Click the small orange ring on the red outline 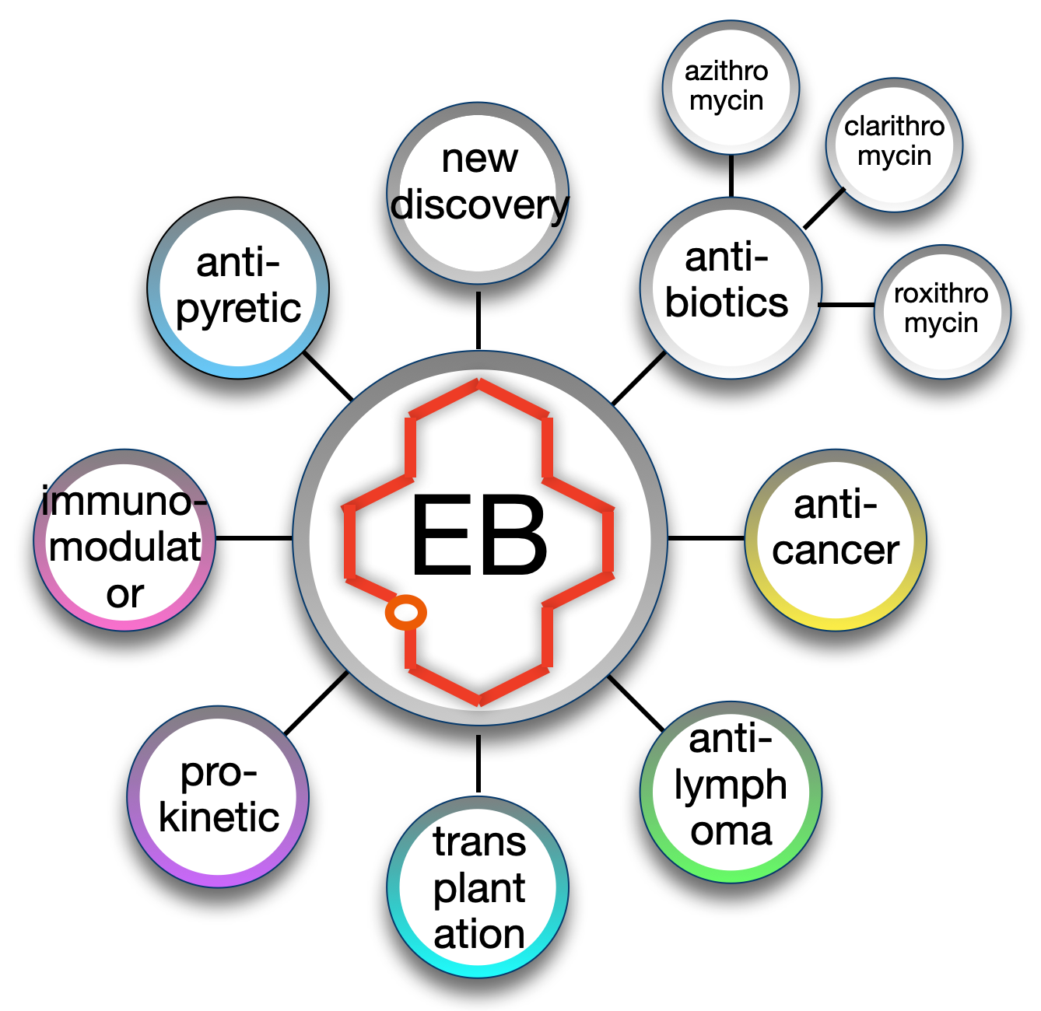405,611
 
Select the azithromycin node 731,88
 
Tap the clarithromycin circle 893,145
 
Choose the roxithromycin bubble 941,312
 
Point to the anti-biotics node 731,288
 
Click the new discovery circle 477,193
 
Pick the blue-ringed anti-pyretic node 238,288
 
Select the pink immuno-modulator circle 124,540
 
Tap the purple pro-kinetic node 218,796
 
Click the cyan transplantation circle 477,887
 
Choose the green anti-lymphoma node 731,792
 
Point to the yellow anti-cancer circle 835,540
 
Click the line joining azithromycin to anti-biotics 731,176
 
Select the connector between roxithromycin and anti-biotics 846,305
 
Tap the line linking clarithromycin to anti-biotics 824,208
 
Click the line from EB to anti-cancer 706,538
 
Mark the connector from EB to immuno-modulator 254,538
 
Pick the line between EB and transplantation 478,764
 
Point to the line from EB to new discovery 478,320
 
